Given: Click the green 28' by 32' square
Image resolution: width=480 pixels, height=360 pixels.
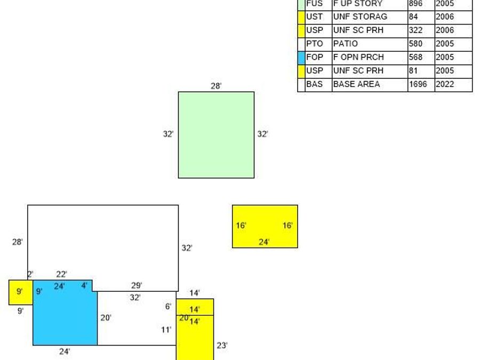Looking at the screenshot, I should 216,135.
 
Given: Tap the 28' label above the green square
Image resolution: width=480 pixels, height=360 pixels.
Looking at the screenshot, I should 216,86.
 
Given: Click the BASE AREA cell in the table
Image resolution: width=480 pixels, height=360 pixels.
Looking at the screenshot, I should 369,84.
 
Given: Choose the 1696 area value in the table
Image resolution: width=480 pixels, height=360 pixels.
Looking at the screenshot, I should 421,84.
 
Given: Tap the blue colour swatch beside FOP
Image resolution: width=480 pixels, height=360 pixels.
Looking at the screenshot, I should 301,58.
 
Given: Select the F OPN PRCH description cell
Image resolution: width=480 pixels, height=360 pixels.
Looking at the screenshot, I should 369,58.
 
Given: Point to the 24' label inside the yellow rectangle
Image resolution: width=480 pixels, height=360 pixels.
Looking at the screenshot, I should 265,242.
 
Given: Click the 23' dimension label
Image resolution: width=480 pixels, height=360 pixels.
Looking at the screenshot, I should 222,345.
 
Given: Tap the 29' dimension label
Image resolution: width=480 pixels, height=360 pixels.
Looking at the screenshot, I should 137,285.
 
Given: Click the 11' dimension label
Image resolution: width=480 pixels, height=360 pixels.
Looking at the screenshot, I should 166,330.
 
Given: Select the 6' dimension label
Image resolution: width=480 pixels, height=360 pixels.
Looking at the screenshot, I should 169,306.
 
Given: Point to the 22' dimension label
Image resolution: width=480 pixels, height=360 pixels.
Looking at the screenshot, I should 61,274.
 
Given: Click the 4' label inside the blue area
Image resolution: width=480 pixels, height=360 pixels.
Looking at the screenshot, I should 84,285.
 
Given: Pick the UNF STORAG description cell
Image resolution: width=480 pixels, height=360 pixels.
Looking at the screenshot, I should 369,17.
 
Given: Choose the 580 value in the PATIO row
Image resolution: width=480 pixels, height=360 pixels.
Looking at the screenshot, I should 421,44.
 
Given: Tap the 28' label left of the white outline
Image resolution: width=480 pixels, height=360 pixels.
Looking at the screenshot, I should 18,242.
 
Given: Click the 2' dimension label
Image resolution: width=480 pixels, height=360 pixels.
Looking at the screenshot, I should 30,274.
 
